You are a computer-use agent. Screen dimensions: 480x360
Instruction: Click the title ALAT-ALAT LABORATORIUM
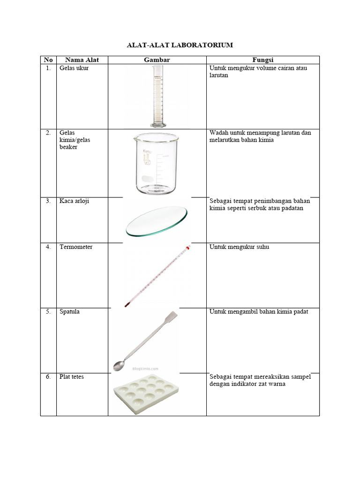pos(180,45)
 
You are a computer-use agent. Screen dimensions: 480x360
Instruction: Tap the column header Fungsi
pos(262,60)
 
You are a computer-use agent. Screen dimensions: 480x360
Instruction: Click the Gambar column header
pos(157,60)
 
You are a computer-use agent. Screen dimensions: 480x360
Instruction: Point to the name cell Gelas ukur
pos(74,68)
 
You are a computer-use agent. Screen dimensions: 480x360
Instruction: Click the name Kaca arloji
pos(74,201)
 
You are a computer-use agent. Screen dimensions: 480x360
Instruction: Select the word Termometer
pos(76,247)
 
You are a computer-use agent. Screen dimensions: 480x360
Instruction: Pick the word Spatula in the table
pos(69,312)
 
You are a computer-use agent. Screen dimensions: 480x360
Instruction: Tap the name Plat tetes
pos(72,376)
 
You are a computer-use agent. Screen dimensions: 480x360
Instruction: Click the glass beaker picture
pos(157,164)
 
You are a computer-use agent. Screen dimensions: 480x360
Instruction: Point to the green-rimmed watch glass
pos(157,221)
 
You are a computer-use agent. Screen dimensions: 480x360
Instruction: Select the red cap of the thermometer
pos(188,247)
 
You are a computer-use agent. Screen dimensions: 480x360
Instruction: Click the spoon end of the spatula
pos(118,365)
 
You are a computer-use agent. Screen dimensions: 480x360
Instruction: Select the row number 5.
pos(48,312)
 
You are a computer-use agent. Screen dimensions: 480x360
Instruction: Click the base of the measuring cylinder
pos(158,124)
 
